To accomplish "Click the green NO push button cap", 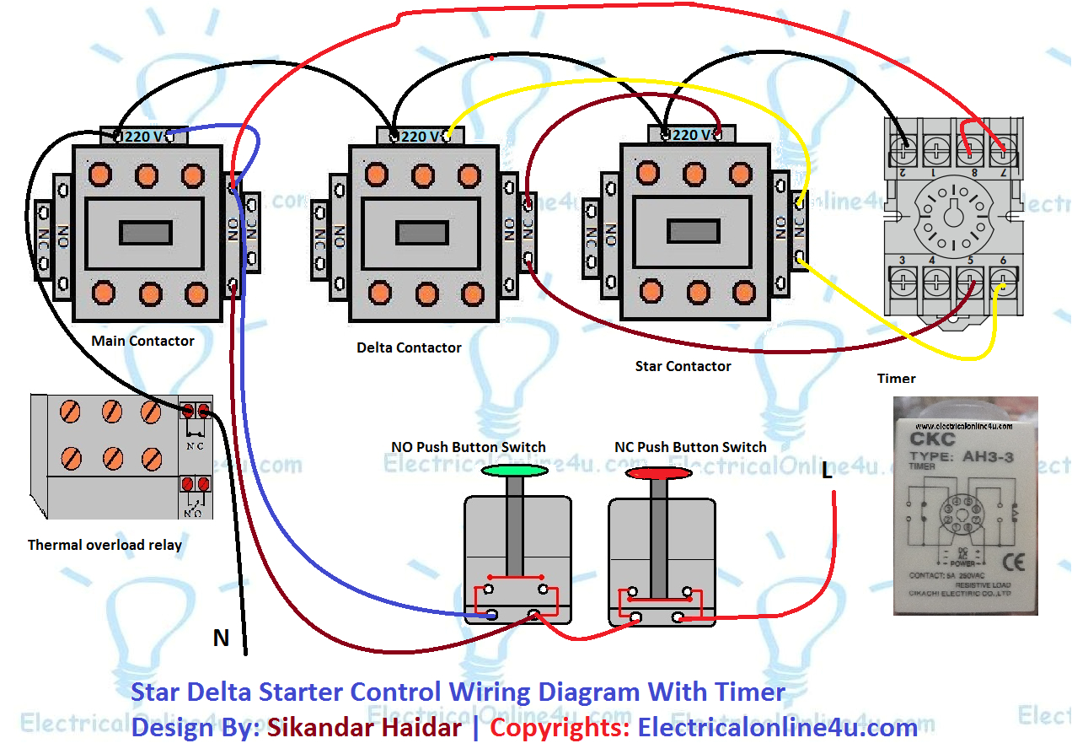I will (515, 471).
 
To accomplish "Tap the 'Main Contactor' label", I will (142, 341).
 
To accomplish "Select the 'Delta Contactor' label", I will (409, 347).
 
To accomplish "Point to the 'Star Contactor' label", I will (683, 366).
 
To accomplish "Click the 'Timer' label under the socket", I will (896, 379).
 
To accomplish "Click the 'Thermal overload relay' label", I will (105, 545).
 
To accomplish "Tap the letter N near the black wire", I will (221, 638).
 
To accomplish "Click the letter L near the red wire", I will (827, 472).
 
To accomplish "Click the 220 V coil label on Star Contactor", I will (690, 135).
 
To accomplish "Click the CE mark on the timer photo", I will (1008, 561).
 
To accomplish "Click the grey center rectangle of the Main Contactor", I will (146, 233).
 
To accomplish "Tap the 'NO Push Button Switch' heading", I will (468, 447).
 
